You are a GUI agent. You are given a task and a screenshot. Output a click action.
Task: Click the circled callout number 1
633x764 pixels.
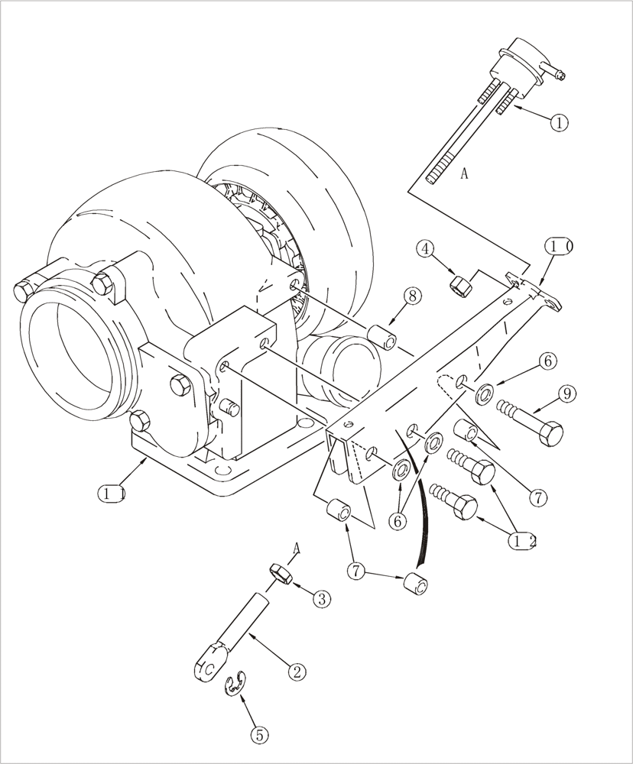click(559, 122)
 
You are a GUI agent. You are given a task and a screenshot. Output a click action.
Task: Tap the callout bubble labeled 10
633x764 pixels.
click(559, 247)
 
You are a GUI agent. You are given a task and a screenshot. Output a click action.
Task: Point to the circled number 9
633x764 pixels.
click(566, 394)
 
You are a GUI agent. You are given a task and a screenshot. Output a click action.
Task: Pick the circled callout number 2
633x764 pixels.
click(296, 672)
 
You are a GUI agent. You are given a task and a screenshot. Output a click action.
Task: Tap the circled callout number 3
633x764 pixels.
click(321, 599)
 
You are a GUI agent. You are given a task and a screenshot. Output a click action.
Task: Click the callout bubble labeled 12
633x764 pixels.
click(523, 541)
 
